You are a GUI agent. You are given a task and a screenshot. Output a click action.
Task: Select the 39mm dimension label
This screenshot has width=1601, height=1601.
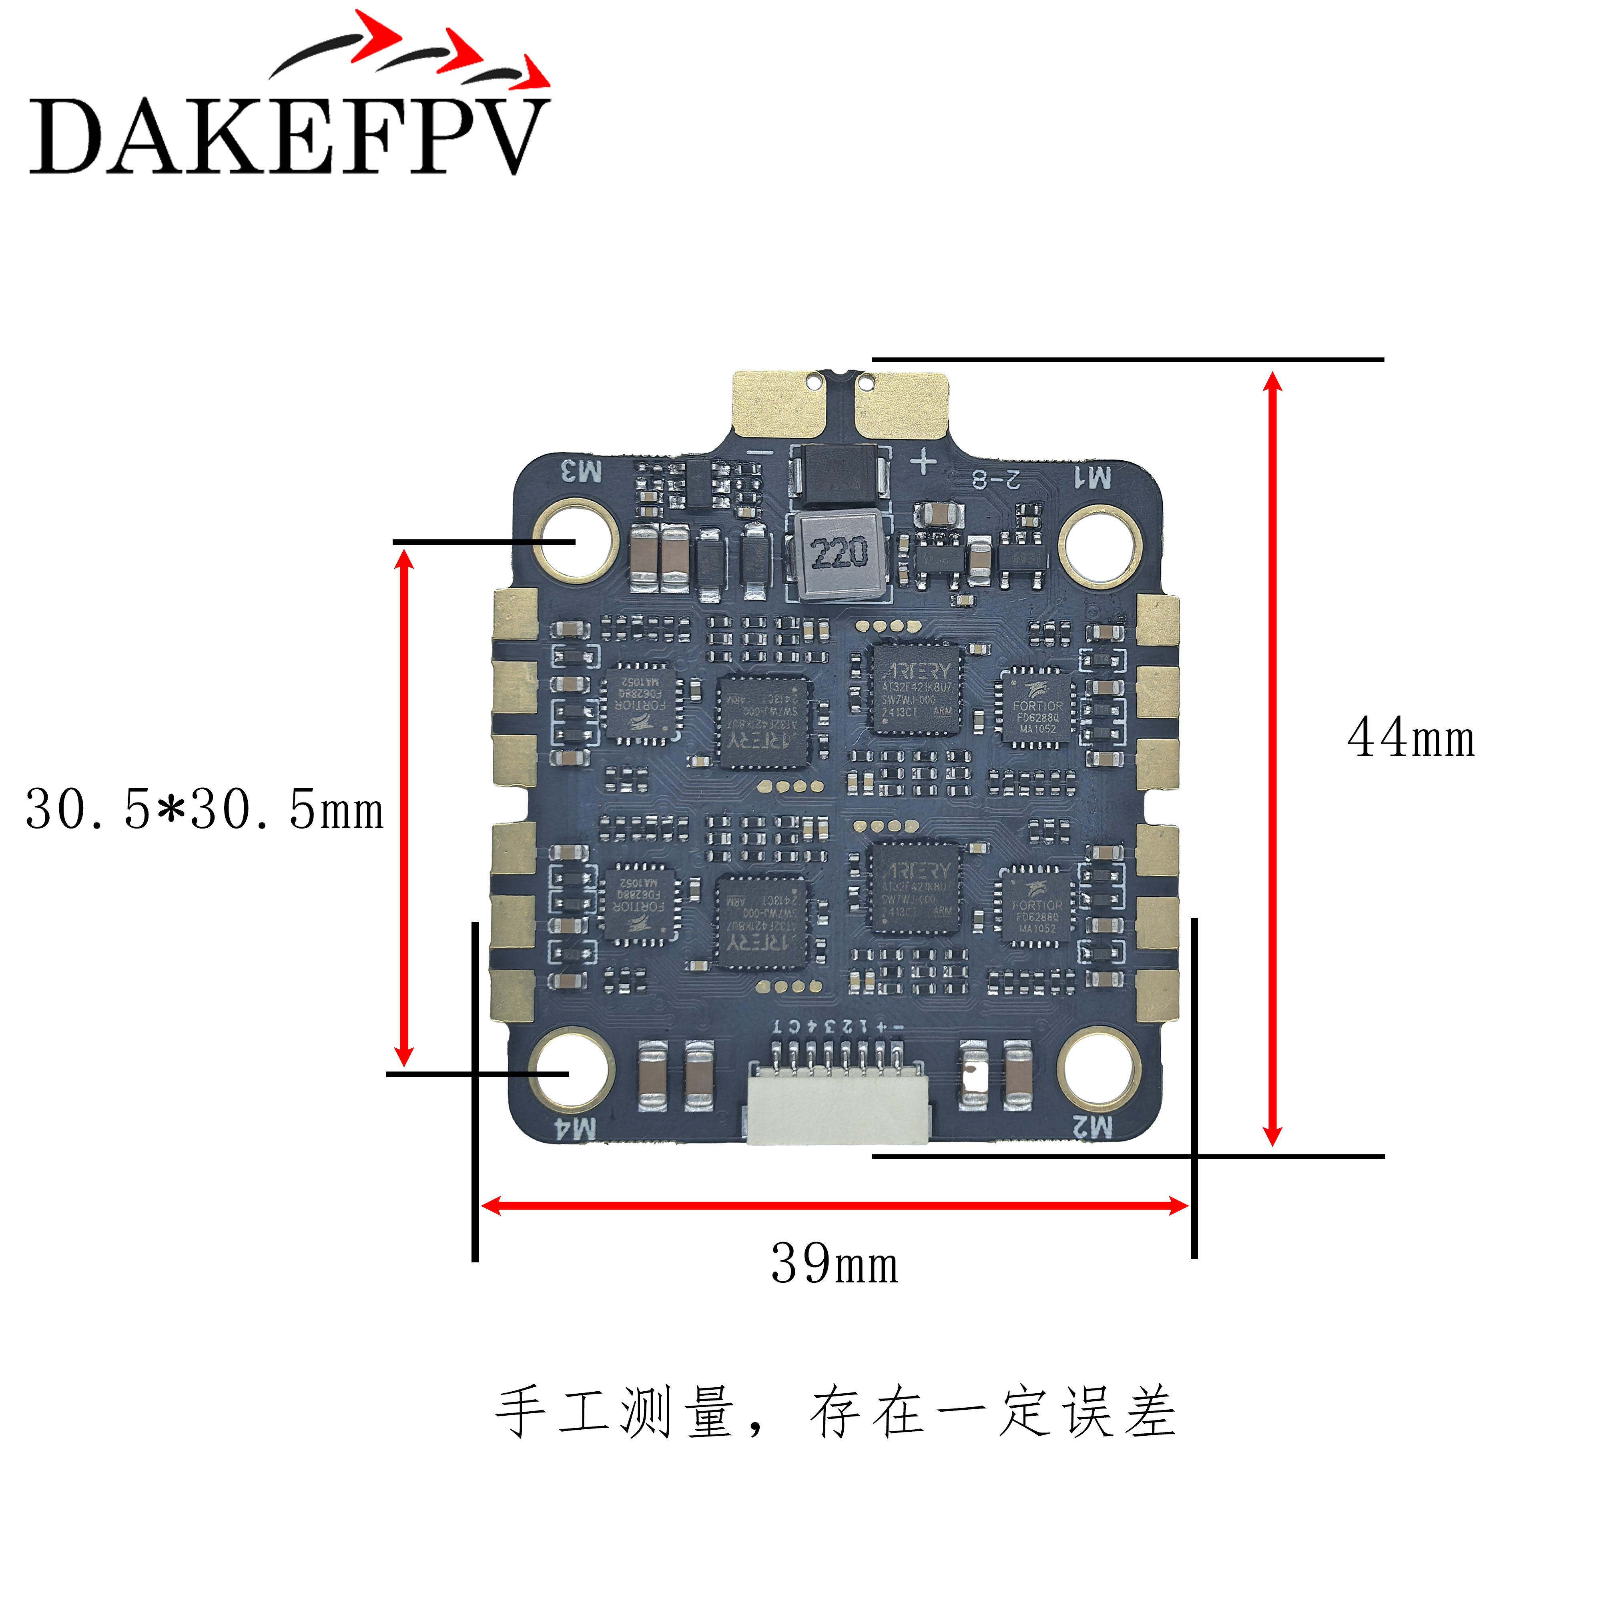835,1264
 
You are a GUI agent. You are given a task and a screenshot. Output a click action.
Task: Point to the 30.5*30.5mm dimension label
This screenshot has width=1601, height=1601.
205,810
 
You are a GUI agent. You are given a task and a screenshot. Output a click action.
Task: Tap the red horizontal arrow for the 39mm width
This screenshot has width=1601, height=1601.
835,1206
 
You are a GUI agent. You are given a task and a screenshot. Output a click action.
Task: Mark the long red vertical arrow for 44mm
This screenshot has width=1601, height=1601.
1273,758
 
